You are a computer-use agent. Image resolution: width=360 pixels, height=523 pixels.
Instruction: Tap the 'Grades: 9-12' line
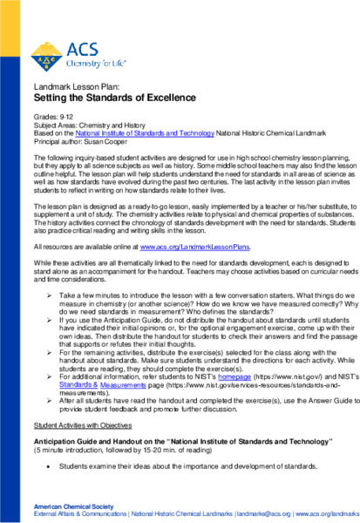click(53, 115)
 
